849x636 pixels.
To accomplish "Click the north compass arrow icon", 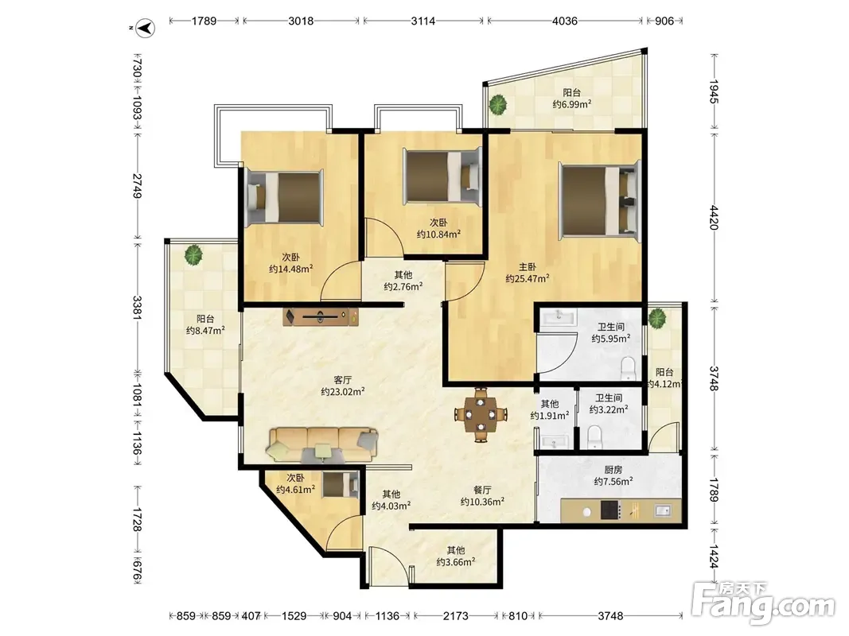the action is [145, 28].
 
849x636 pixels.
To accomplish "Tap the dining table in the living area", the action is [481, 415].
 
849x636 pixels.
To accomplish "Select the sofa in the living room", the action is [322, 445].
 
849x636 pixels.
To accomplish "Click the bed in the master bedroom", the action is [600, 200].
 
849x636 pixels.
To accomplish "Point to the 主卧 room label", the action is [528, 266].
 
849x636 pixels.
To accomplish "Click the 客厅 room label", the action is [342, 380].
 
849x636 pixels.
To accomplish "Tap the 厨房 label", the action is [613, 469].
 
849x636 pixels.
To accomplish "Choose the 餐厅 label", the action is [482, 490].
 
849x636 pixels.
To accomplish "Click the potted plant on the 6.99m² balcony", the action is [497, 104].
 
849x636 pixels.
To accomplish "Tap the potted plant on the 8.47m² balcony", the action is [193, 254].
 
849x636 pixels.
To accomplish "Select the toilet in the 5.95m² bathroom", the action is [628, 368].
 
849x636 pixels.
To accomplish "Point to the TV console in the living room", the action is [321, 316].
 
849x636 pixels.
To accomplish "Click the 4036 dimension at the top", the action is [564, 21].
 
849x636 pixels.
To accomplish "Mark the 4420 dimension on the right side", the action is [715, 217].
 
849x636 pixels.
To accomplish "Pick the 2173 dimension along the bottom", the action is [455, 615].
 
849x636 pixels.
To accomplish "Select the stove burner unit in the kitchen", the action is [611, 510].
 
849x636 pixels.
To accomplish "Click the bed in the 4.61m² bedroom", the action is [341, 484].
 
